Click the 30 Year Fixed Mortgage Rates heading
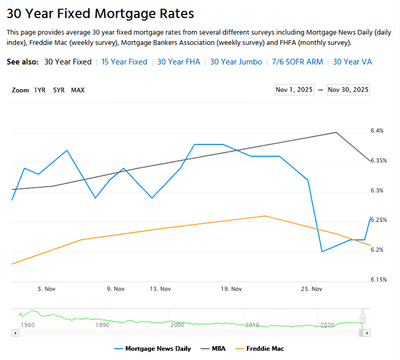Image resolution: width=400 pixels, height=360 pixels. pyautogui.click(x=100, y=13)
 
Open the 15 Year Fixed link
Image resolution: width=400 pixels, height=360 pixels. pyautogui.click(x=124, y=62)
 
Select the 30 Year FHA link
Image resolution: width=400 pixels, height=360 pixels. pyautogui.click(x=179, y=62)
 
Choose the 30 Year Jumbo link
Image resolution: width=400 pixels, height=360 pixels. pyautogui.click(x=236, y=62)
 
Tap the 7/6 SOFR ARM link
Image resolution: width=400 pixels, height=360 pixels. pyautogui.click(x=297, y=62)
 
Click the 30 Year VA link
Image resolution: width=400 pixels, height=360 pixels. pyautogui.click(x=352, y=62)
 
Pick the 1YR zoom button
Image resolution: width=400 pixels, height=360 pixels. pyautogui.click(x=40, y=90)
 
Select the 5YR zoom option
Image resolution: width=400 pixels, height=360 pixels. pyautogui.click(x=59, y=90)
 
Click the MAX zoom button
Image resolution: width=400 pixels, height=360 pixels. pyautogui.click(x=78, y=90)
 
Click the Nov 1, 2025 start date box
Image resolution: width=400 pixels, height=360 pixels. pyautogui.click(x=294, y=90)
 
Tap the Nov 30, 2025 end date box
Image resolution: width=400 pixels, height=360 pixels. pyautogui.click(x=348, y=90)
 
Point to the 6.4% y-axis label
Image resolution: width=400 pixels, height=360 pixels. pyautogui.click(x=377, y=131)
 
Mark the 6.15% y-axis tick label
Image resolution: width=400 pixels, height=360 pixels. pyautogui.click(x=379, y=279)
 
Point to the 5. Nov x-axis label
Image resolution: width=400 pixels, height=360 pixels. pyautogui.click(x=46, y=289)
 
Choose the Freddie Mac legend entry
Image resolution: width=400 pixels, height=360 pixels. pyautogui.click(x=259, y=349)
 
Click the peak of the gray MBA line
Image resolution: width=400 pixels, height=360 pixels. pyautogui.click(x=336, y=132)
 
